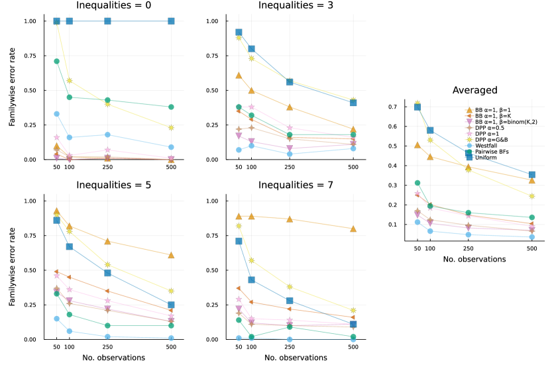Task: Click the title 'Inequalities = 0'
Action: (x=113, y=6)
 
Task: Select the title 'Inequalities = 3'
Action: (x=296, y=6)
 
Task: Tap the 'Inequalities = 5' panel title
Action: (x=113, y=185)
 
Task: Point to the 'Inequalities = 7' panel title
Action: (x=296, y=185)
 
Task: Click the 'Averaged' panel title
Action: (x=475, y=90)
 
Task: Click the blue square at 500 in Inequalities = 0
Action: (x=171, y=21)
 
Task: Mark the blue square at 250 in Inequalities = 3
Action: (x=289, y=81)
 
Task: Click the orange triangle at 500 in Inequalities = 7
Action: (x=353, y=229)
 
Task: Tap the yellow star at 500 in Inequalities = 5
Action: (x=171, y=291)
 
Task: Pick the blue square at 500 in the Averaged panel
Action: (x=532, y=175)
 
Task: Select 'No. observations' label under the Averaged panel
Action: (x=474, y=259)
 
